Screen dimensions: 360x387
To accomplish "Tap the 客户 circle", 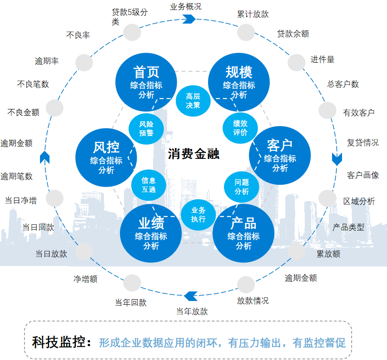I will (280, 156).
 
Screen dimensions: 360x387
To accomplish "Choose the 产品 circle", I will (243, 233).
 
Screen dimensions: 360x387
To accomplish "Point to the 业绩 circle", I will (151, 233).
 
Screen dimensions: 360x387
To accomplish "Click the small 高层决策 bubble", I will (193, 100).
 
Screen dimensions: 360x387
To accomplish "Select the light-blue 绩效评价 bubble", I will (240, 128).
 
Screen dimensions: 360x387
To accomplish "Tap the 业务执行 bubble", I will (198, 215).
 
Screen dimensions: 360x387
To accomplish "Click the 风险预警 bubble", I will (146, 128).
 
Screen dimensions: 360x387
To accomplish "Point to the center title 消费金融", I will (194, 154).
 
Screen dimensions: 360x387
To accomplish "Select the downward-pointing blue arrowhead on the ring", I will (337, 159).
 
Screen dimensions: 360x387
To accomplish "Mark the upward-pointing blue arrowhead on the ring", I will (45, 157).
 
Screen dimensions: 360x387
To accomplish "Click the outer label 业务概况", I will (186, 7).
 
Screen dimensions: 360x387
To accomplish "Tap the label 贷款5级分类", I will (129, 16).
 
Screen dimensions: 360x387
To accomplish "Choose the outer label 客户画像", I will (363, 175).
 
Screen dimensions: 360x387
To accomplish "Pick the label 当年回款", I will (131, 302).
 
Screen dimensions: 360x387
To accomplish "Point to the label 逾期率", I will (47, 61).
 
